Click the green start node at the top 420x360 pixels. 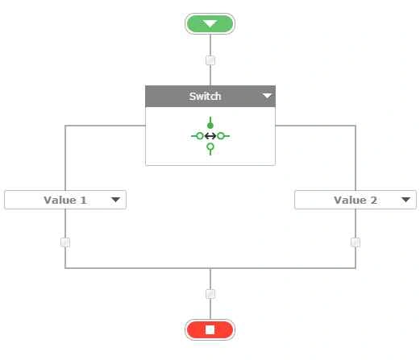click(210, 23)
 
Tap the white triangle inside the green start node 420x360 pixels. click(210, 24)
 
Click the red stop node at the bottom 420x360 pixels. click(210, 329)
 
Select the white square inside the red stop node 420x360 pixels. click(210, 329)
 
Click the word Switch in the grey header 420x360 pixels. click(205, 96)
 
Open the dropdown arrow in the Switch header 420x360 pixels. click(267, 96)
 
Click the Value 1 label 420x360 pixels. click(65, 200)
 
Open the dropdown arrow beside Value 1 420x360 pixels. click(115, 200)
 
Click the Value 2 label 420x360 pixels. click(356, 200)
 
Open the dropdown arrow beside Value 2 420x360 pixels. click(405, 200)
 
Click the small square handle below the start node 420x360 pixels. click(210, 60)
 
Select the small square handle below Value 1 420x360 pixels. click(65, 242)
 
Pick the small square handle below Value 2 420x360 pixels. click(356, 242)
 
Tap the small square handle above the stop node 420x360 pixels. click(210, 294)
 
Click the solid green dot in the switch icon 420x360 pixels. click(210, 126)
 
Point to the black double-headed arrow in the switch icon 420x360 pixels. click(210, 136)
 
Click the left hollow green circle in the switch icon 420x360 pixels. click(200, 136)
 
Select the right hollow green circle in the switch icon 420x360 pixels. click(221, 136)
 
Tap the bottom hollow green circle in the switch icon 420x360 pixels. click(210, 147)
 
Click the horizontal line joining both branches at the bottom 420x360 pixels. click(210, 268)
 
